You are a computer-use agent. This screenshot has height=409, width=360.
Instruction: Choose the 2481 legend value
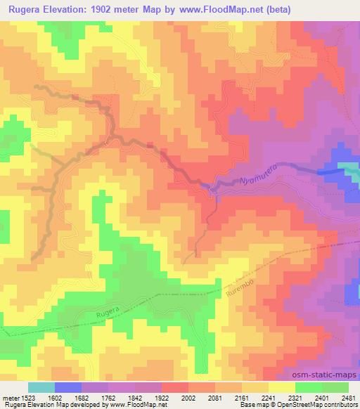click(x=348, y=398)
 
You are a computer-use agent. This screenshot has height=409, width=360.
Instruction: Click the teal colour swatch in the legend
click(x=41, y=387)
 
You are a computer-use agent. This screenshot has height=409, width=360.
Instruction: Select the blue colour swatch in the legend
click(x=68, y=387)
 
